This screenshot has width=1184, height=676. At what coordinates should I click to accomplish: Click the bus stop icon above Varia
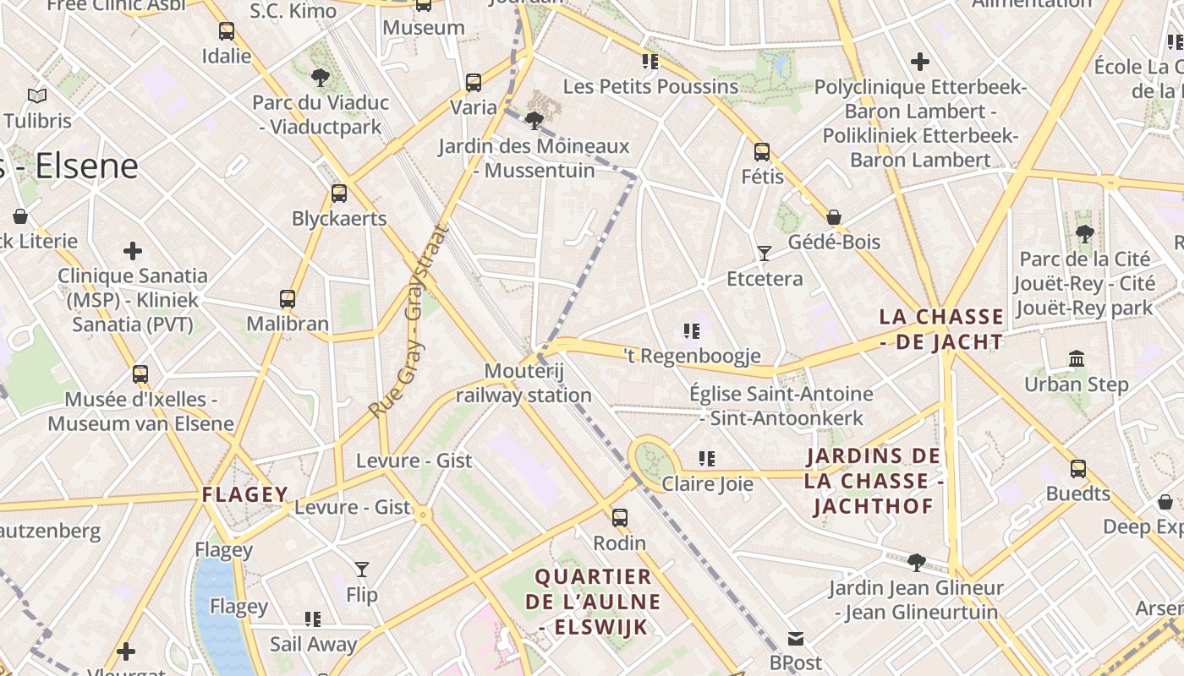coord(474,83)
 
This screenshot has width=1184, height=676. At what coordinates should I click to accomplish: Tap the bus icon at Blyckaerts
coord(339,194)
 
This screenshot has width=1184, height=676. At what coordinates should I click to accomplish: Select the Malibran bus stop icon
coord(288,299)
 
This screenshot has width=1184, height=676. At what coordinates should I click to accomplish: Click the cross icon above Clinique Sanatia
coord(133,251)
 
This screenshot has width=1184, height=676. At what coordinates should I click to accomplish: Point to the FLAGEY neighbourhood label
coord(245,494)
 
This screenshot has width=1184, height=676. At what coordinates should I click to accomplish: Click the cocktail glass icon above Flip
coord(362,570)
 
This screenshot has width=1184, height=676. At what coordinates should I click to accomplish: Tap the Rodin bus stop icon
coord(620,518)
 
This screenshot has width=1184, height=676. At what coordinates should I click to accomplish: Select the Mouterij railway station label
coord(523,383)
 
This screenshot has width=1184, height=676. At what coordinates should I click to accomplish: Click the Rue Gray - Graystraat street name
coord(408,321)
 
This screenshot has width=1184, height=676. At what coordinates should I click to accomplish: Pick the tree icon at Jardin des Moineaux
coord(534,121)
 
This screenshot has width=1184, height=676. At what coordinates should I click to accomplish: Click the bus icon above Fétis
coord(762,152)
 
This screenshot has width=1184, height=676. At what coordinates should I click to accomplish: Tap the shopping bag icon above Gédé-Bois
coord(834,217)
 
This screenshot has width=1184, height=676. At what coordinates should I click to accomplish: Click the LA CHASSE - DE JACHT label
coord(941,330)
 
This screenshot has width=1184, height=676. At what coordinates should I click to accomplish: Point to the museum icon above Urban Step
coord(1077,359)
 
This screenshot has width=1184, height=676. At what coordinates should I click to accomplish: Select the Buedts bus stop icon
coord(1078,469)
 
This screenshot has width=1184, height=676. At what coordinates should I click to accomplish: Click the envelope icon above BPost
coord(796,638)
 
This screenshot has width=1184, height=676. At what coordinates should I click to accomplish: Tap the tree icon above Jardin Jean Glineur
coord(916,562)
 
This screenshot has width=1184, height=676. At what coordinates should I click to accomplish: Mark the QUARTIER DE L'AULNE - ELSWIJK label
coord(593,602)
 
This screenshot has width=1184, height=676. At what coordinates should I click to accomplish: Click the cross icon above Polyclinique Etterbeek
coord(920,62)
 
